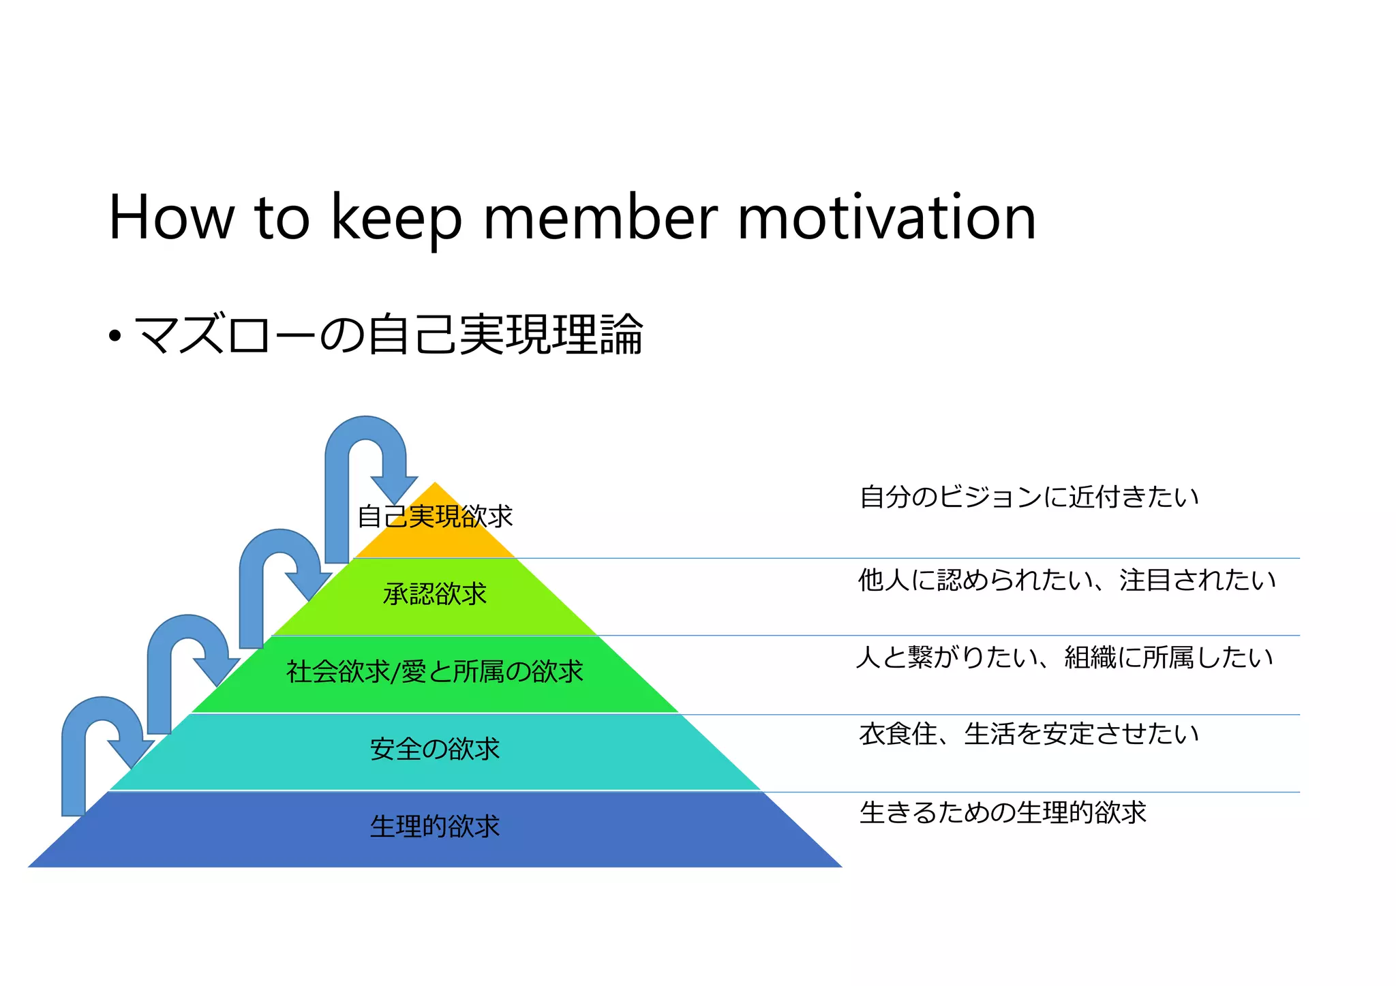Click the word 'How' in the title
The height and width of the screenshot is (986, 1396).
pyautogui.click(x=171, y=218)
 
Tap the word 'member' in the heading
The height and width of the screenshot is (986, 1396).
pyautogui.click(x=600, y=218)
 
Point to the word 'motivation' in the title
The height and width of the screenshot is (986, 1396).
pyautogui.click(x=886, y=218)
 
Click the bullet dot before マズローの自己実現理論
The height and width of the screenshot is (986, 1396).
pyautogui.click(x=115, y=336)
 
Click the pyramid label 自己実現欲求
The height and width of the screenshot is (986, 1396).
pyautogui.click(x=435, y=517)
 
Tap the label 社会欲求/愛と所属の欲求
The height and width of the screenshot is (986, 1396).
pyautogui.click(x=435, y=672)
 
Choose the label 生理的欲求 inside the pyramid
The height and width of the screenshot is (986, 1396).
pyautogui.click(x=435, y=827)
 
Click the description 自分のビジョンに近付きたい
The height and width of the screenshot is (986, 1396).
pyautogui.click(x=1029, y=497)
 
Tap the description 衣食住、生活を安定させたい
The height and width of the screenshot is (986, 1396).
pyautogui.click(x=1029, y=734)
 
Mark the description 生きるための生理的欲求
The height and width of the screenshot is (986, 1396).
pyautogui.click(x=1003, y=812)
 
